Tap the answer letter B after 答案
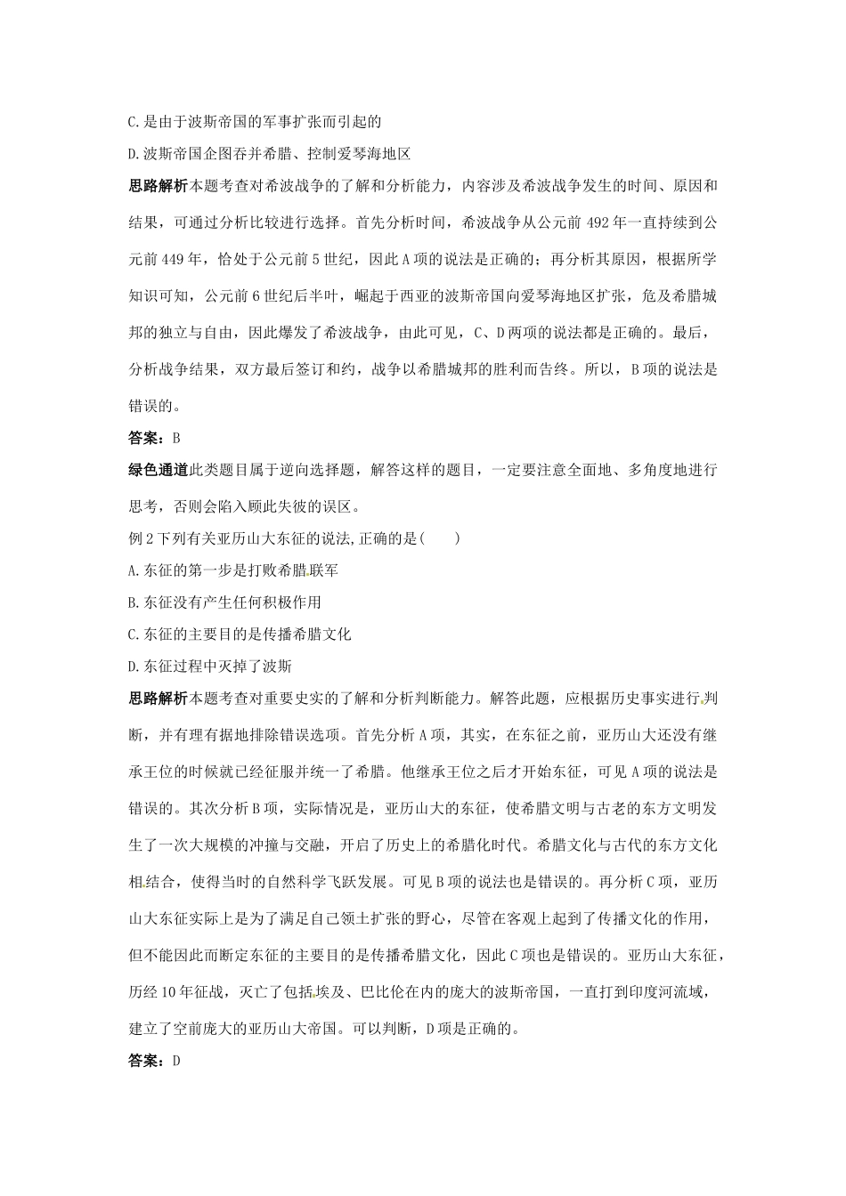[x=176, y=438]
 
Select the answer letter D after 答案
[x=176, y=1061]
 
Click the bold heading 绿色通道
[x=159, y=470]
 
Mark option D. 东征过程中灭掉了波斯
[x=210, y=667]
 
